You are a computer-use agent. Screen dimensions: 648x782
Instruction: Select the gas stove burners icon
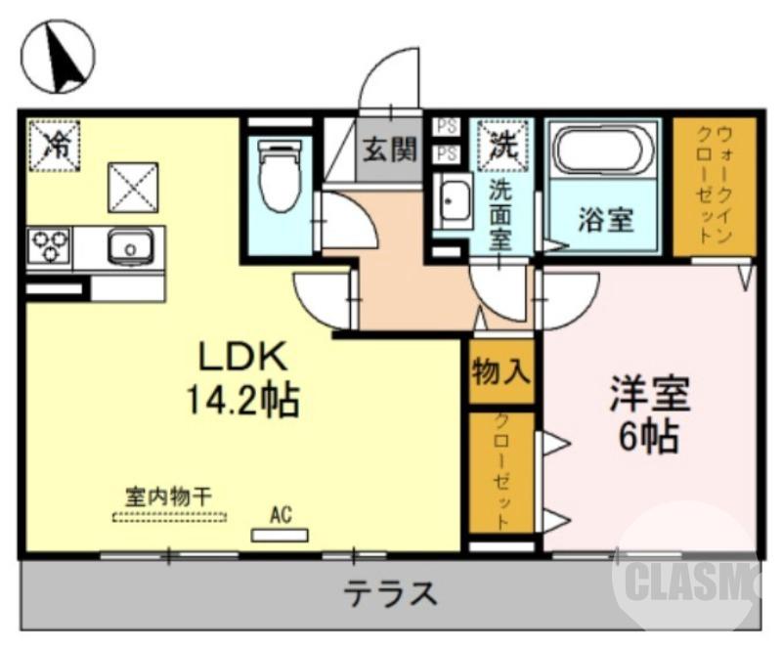point(48,245)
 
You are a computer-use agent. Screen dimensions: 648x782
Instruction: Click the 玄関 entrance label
point(391,150)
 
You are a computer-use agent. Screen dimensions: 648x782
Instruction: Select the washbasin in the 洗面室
point(453,203)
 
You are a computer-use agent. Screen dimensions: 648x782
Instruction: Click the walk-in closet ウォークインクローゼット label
point(714,186)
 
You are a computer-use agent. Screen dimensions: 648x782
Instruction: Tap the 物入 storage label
point(500,370)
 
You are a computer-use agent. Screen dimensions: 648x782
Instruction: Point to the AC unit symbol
point(281,534)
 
